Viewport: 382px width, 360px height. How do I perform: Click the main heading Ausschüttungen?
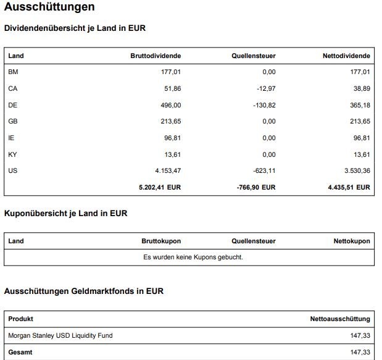coord(49,8)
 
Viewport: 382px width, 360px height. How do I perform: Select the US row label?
coord(12,170)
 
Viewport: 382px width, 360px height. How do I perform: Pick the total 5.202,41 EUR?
coord(160,186)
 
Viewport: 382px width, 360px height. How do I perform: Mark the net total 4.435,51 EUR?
coord(349,186)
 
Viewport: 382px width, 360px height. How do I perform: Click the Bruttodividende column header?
coord(156,56)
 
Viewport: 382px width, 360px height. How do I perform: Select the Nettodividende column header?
coord(346,56)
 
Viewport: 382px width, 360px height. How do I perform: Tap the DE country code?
coord(12,105)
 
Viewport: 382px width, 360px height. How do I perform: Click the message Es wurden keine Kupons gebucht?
coord(193,257)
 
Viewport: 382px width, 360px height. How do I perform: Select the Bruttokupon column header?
coord(161,241)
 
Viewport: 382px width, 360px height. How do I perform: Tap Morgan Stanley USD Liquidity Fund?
coord(60,335)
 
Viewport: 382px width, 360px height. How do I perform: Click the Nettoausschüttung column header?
coord(340,319)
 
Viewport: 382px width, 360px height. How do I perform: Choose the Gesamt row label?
coord(20,352)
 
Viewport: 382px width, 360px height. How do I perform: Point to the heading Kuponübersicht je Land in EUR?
coord(66,214)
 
